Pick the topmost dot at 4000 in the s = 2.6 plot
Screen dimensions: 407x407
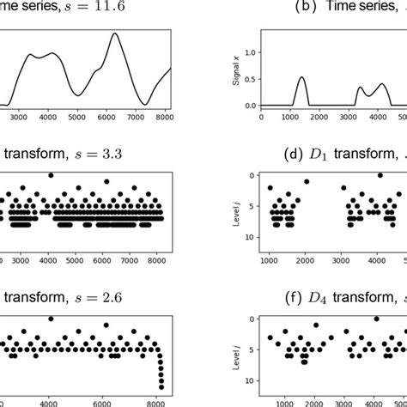tap(51, 319)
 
